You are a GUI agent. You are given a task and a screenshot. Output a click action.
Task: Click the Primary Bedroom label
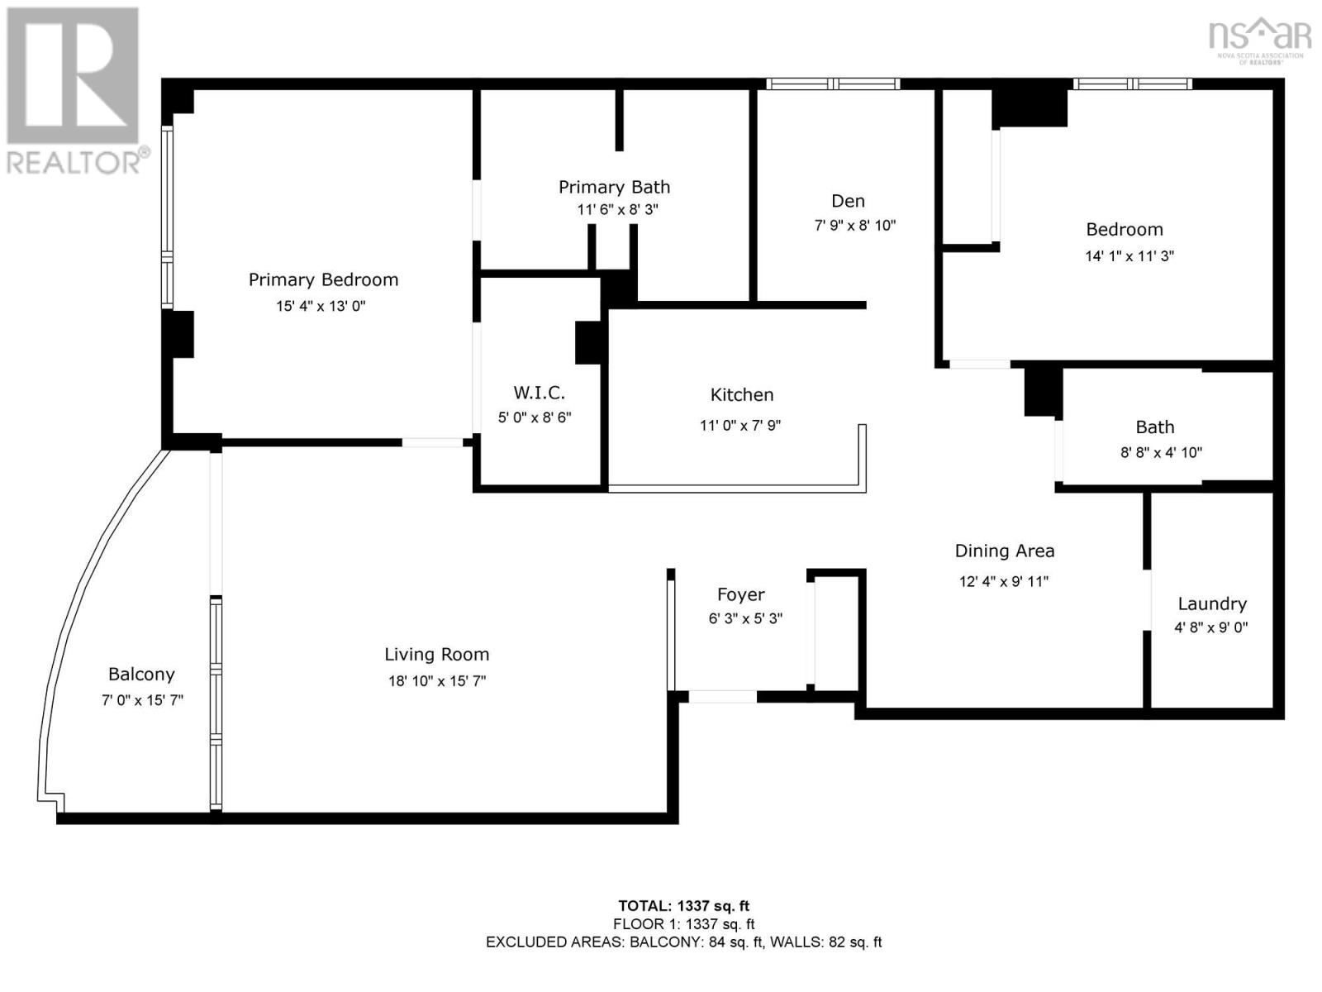click(323, 279)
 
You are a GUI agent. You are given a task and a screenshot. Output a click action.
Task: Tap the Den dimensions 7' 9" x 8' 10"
click(854, 225)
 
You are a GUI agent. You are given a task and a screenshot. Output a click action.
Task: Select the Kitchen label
click(741, 395)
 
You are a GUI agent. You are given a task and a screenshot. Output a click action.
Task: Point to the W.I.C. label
click(539, 393)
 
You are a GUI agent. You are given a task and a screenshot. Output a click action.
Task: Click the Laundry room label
click(1211, 603)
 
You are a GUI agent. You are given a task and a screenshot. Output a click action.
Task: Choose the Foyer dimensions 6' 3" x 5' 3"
click(745, 618)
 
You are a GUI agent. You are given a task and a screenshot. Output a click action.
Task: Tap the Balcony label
click(141, 675)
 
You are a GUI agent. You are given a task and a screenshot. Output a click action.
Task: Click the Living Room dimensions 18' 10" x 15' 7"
click(437, 681)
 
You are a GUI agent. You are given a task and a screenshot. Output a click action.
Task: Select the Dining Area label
click(1004, 551)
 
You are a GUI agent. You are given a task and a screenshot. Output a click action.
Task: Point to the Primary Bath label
click(614, 187)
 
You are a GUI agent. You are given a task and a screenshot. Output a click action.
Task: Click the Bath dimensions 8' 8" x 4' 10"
click(1161, 452)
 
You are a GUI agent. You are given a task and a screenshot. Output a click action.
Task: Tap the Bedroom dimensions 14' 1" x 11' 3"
click(1129, 256)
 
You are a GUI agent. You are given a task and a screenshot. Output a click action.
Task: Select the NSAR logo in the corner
click(1259, 38)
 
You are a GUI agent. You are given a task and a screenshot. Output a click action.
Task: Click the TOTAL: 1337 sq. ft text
click(683, 906)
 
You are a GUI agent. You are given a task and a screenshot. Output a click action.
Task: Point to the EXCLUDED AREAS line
click(683, 942)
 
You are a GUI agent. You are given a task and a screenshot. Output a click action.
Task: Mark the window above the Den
click(832, 83)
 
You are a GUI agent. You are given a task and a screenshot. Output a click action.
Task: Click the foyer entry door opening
click(722, 697)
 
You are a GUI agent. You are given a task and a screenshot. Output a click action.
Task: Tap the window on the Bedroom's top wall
click(1132, 83)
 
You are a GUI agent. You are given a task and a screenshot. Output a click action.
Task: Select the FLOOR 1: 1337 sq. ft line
click(683, 924)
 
